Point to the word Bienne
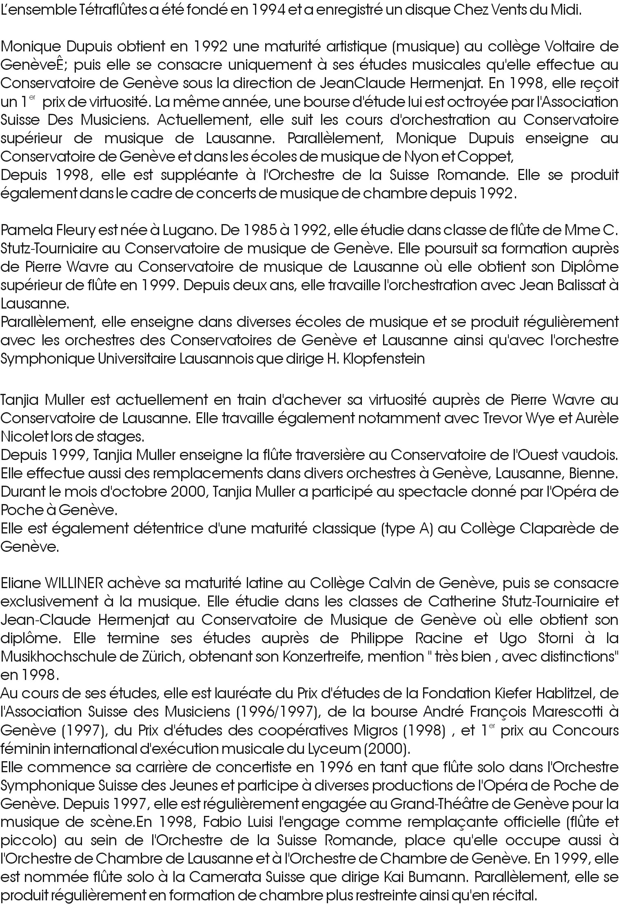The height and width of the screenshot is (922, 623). point(599,473)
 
